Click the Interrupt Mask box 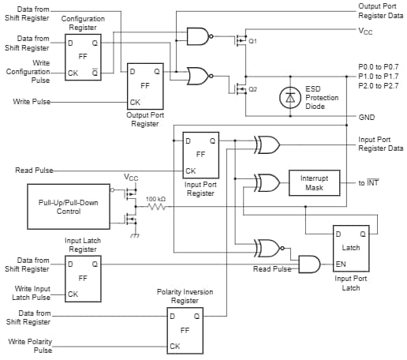pos(314,182)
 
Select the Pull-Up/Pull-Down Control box pos(70,207)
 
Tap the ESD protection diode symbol pos(291,97)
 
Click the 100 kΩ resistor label pos(156,198)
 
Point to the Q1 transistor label pos(253,40)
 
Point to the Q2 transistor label pos(253,90)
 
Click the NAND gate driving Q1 pos(198,36)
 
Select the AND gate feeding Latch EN pos(308,264)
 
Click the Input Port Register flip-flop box pos(200,155)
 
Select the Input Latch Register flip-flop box pos(82,279)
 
